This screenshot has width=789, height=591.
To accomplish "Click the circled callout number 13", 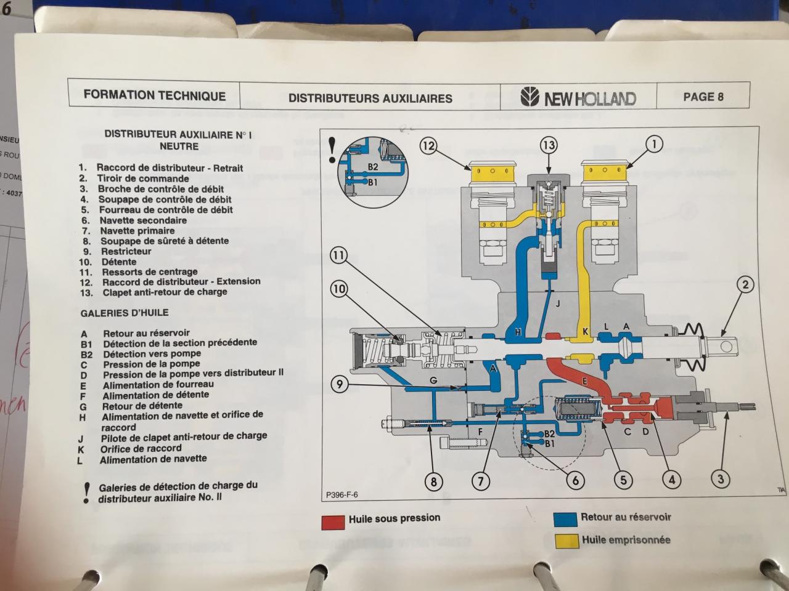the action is point(548,145).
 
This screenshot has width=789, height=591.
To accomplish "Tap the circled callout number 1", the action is point(654,144).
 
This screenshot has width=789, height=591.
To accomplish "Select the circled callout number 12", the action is point(428,146).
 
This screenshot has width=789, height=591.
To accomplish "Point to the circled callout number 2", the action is point(745,284).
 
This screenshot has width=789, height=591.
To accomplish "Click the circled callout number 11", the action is point(338,255).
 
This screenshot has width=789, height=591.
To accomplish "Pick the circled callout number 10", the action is point(338,288).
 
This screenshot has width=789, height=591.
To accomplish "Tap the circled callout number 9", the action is point(338,385).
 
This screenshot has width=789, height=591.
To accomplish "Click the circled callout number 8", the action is point(433,481).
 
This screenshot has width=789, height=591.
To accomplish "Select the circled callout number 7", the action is point(481,481).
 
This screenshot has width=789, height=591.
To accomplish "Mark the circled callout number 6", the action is point(575,480).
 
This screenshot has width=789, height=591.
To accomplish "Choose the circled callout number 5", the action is point(623,480).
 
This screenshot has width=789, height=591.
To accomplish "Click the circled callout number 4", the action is point(671,480).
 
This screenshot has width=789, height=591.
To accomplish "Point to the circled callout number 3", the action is point(720,478).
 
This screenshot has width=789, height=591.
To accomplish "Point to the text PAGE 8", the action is point(703,97).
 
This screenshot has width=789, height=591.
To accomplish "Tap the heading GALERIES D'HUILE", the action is point(123,313).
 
